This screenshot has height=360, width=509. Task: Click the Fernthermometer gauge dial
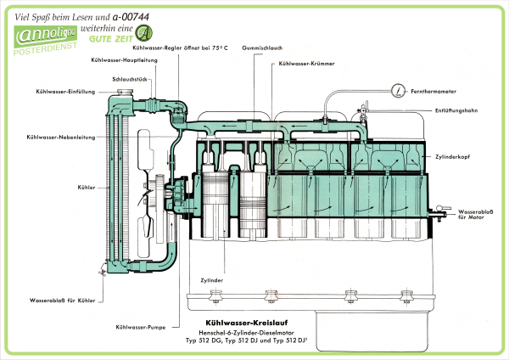click(398, 89)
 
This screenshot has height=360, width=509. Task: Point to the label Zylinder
click(212, 279)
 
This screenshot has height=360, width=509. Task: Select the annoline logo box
click(42, 39)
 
